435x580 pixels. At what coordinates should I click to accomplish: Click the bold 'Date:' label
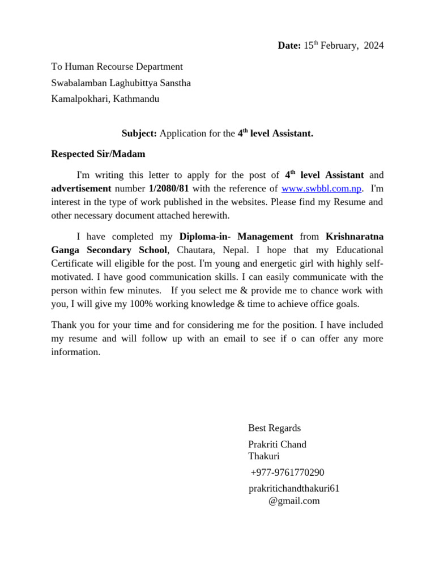(x=289, y=46)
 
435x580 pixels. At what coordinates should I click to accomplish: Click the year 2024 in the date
(x=373, y=46)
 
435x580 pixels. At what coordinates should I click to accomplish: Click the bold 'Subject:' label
(x=139, y=134)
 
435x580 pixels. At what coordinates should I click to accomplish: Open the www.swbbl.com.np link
(x=321, y=189)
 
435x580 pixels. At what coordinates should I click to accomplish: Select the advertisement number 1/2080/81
(x=169, y=189)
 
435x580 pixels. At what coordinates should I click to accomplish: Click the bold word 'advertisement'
(x=81, y=189)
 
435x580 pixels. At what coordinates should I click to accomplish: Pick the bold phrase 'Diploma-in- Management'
(x=236, y=237)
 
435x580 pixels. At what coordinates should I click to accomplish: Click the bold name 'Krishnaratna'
(x=355, y=237)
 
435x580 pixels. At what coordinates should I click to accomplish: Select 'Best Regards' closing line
(x=275, y=428)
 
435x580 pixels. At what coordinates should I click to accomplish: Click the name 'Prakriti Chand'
(x=277, y=445)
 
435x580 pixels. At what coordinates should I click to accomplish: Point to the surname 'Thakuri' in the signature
(x=264, y=457)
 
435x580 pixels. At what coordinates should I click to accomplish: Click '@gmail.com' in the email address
(x=294, y=501)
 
